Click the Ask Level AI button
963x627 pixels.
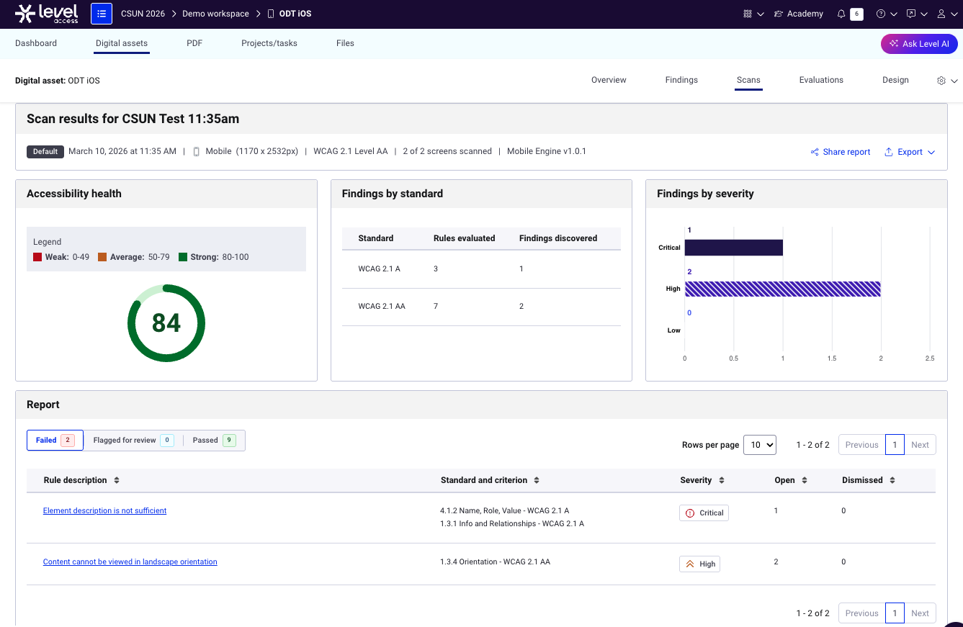click(919, 44)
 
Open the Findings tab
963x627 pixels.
click(681, 80)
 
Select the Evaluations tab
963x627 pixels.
click(820, 80)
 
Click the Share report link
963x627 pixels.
click(840, 152)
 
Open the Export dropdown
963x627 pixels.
click(909, 152)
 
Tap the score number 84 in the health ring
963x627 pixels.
click(166, 322)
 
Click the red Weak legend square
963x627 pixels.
click(37, 257)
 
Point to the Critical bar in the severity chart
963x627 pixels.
click(733, 248)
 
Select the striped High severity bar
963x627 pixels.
click(782, 289)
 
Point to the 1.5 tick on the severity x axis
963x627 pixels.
click(831, 358)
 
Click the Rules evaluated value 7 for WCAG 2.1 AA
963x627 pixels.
click(436, 306)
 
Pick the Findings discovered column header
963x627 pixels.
click(557, 238)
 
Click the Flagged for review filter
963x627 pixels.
click(133, 440)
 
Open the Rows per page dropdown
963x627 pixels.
click(760, 445)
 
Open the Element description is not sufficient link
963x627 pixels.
click(104, 510)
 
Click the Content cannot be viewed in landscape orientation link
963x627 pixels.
click(130, 561)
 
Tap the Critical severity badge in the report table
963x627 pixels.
click(704, 513)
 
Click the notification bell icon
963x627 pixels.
click(841, 14)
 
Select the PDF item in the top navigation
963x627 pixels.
click(194, 43)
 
